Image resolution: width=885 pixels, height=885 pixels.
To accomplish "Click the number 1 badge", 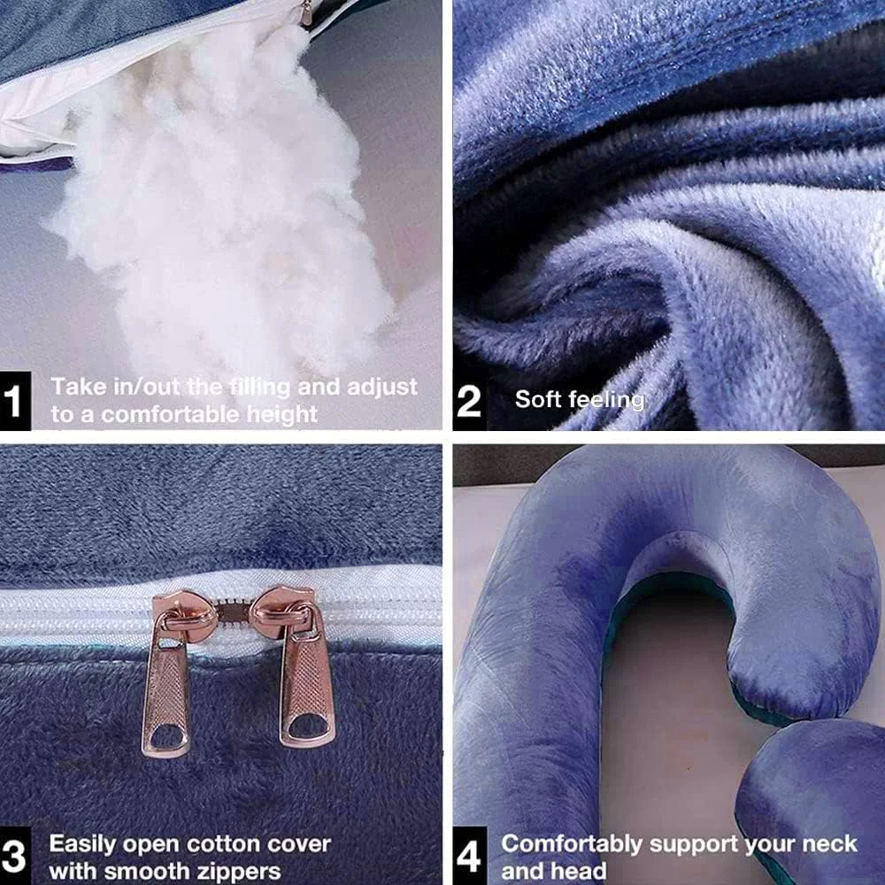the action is coord(15,401).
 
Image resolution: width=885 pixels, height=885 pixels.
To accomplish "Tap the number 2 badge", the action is coord(469,401).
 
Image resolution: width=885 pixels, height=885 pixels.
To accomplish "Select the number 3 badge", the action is coord(15,856).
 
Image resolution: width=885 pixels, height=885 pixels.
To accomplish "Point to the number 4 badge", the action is coord(470,856).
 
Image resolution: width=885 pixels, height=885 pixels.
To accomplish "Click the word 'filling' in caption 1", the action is coord(260,388).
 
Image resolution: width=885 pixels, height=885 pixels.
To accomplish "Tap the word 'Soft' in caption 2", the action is coord(538,399).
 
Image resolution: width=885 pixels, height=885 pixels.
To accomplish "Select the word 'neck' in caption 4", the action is coord(829,843).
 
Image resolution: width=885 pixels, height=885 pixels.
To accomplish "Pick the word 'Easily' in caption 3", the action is coord(82,845).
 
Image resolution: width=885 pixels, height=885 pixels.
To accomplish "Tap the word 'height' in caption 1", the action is coord(282,415).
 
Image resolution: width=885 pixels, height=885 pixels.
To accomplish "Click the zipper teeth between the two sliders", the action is coord(233,609).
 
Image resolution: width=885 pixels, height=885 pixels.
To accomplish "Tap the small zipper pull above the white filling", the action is coord(306,12).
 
